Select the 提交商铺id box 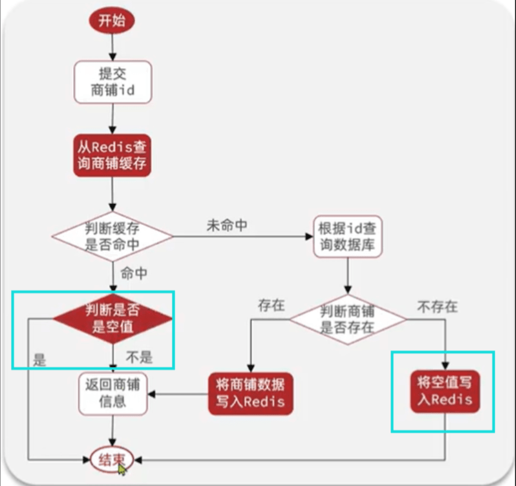(112, 83)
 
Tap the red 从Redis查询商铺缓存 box (112, 155)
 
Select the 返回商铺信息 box (113, 393)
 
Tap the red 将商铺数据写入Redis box (250, 393)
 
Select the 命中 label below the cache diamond (134, 274)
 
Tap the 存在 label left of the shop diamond (271, 305)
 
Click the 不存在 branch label (437, 306)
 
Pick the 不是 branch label (140, 357)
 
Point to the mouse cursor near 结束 (123, 470)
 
